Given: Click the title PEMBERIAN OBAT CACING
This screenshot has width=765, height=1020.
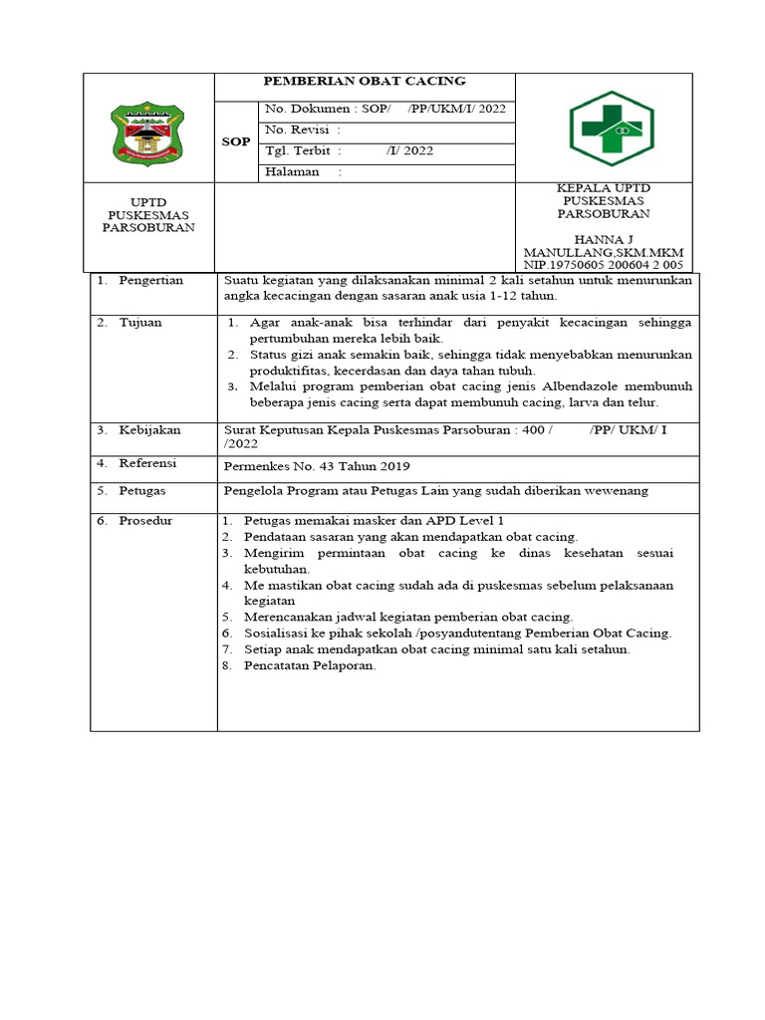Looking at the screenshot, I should point(364,81).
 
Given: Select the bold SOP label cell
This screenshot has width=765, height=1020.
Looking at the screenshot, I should point(236,141).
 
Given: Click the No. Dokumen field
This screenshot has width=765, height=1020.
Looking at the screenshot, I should point(384,109).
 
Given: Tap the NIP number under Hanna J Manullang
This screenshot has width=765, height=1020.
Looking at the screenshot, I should point(603,265).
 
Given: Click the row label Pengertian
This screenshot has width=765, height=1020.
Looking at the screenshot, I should point(150,281).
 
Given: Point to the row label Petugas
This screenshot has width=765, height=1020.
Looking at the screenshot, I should point(142,491).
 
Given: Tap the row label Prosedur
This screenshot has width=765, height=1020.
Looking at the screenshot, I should point(145,521).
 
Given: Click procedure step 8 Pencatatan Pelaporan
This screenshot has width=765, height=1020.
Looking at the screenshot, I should point(310,665).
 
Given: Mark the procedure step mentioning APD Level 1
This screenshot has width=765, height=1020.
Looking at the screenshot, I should point(375,521).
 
